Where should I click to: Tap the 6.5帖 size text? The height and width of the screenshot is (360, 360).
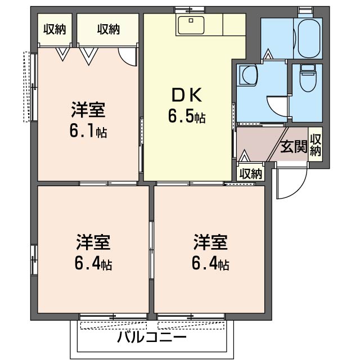click(186, 117)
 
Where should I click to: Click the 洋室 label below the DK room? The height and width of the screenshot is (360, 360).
click(210, 243)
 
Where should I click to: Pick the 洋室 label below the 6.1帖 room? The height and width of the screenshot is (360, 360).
click(93, 243)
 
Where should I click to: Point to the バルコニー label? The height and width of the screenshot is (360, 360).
click(152, 338)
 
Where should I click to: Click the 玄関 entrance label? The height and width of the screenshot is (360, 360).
click(294, 147)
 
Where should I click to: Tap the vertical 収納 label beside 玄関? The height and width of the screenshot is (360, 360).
click(316, 146)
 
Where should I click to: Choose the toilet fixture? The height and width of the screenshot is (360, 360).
click(308, 79)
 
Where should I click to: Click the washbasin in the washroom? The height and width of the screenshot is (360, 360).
click(247, 75)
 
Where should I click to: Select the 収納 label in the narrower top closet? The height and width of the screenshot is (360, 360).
click(55, 29)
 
